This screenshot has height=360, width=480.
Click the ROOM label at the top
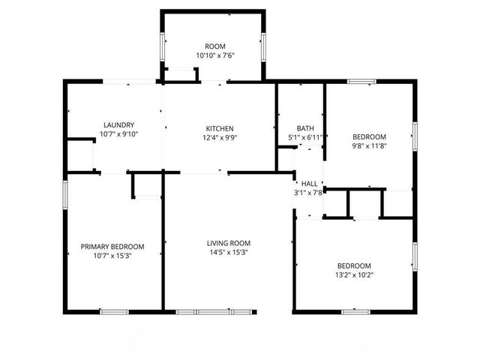(x=215, y=46)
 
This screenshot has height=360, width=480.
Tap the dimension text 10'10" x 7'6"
(x=215, y=55)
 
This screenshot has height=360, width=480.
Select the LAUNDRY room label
(x=118, y=125)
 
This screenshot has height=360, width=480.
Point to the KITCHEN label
(x=218, y=128)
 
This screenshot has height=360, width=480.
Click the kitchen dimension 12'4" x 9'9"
(x=218, y=137)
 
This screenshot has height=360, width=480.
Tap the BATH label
(x=305, y=128)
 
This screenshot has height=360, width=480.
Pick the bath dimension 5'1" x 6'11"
(x=305, y=137)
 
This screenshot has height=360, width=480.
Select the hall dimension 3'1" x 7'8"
(x=308, y=193)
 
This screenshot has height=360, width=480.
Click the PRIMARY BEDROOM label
(x=112, y=247)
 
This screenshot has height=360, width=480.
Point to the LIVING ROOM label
(x=229, y=243)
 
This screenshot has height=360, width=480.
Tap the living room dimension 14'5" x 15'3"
(x=229, y=253)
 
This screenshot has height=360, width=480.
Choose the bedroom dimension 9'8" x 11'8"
(x=370, y=146)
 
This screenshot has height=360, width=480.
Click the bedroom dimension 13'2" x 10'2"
(x=353, y=275)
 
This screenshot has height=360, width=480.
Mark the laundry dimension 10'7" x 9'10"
(x=118, y=134)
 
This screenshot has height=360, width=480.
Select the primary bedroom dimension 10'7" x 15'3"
(x=112, y=256)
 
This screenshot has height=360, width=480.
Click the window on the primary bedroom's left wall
(x=65, y=193)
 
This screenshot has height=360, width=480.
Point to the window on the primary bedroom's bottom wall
(x=115, y=311)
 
